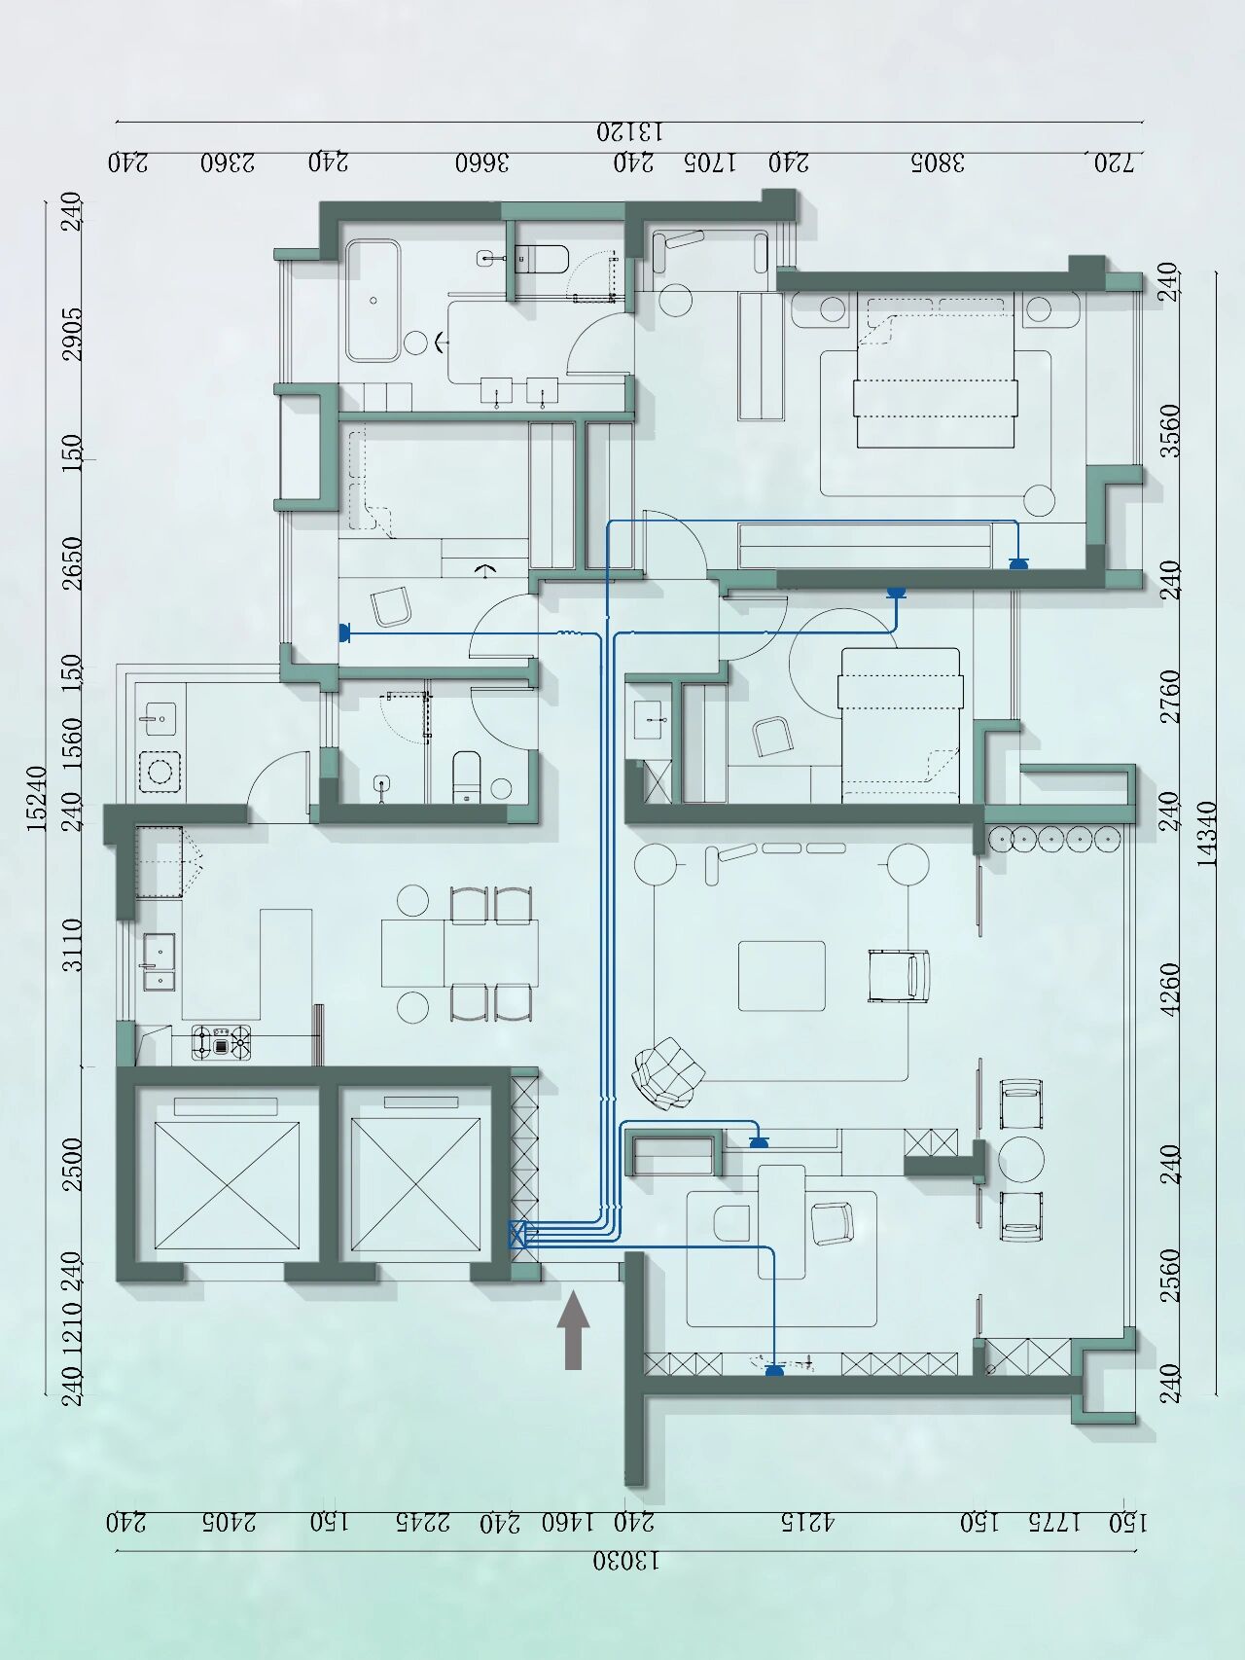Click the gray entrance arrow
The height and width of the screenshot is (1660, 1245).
573,1329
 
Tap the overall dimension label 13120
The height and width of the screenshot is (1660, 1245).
629,131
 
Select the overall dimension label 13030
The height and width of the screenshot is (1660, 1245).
626,1561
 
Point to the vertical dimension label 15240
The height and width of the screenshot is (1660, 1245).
36,799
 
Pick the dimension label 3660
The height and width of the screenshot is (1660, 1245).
482,162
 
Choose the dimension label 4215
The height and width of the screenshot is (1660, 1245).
808,1522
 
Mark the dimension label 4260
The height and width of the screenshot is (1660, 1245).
1170,990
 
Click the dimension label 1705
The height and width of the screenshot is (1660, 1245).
709,162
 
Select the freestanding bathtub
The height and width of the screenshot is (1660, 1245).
373,300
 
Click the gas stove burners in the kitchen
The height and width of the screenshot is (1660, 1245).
221,1042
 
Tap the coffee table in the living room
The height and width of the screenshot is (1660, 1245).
781,976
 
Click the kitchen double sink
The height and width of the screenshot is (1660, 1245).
160,962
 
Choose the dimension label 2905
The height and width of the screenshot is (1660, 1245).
73,334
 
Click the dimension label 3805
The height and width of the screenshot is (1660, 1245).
938,162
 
